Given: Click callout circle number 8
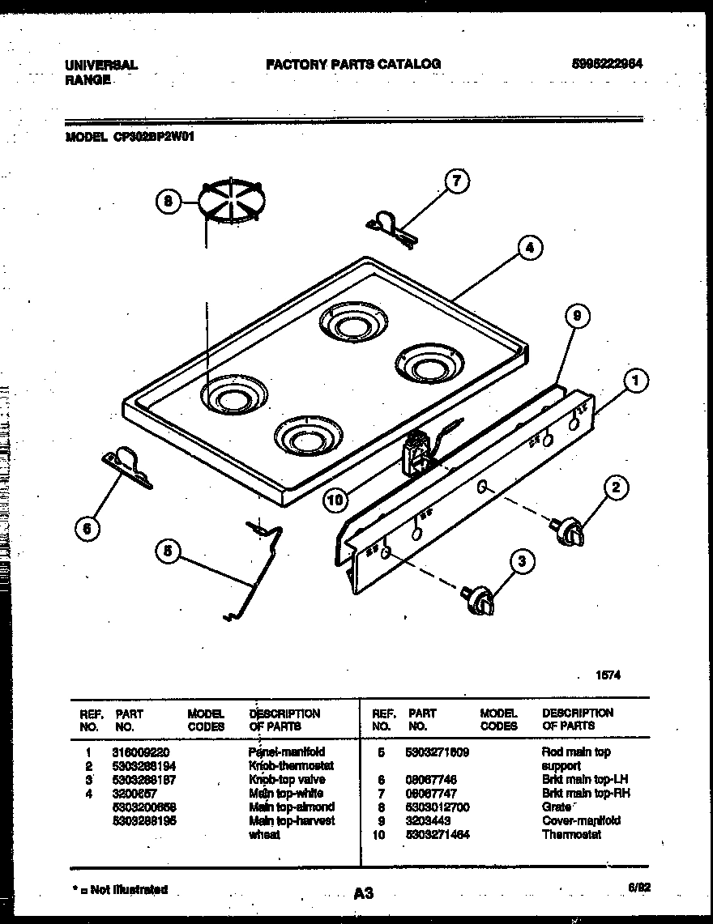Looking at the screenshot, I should click(x=169, y=203).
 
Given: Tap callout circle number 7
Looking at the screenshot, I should click(x=456, y=182).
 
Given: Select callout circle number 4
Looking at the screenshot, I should click(x=528, y=249).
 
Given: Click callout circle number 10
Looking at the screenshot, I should click(x=335, y=500).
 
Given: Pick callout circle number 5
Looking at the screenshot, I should click(x=168, y=551).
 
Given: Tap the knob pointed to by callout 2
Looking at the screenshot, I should click(x=570, y=531).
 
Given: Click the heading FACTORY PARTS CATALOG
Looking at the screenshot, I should click(x=353, y=64).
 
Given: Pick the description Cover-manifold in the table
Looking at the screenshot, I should click(x=581, y=820).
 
